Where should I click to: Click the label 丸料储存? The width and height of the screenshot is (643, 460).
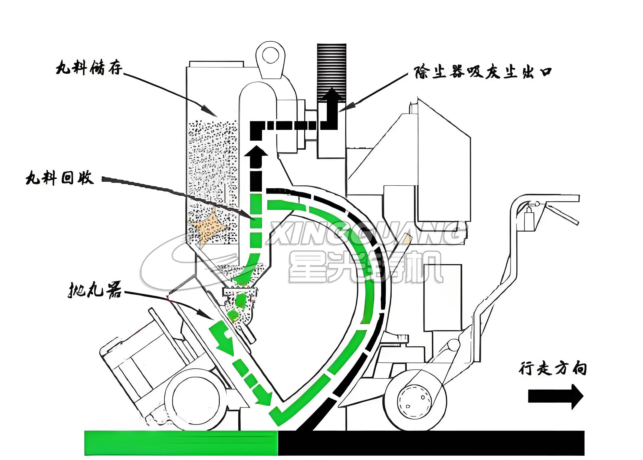point(89,68)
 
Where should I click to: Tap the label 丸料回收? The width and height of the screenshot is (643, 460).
point(60,178)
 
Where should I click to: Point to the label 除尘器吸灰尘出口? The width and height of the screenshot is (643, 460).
point(483,72)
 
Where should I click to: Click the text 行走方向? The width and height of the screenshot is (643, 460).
point(552,369)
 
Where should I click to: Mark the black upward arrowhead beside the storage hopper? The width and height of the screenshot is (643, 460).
point(256,153)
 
